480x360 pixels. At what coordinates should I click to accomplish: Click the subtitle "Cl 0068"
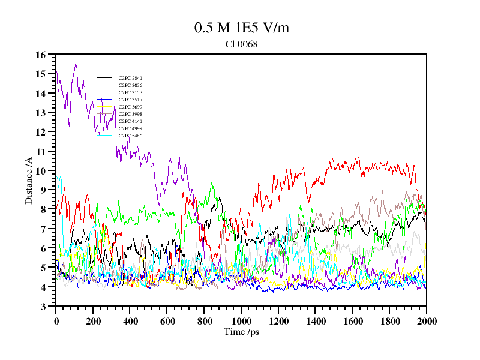242,44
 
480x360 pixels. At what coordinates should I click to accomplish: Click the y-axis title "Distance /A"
29,180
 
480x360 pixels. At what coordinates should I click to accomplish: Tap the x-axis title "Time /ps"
241,331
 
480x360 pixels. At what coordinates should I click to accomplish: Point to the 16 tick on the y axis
41,55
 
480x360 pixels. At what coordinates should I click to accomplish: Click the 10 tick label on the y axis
41,171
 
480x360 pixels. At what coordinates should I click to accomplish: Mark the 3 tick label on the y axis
43,307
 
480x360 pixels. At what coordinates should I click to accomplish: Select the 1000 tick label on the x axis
241,321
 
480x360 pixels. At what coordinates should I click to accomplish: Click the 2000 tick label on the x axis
426,321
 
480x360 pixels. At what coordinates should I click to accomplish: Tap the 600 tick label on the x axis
167,321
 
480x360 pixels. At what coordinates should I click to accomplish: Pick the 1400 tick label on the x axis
316,321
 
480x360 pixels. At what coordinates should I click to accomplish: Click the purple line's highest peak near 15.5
76,64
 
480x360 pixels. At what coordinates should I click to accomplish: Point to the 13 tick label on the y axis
41,113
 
